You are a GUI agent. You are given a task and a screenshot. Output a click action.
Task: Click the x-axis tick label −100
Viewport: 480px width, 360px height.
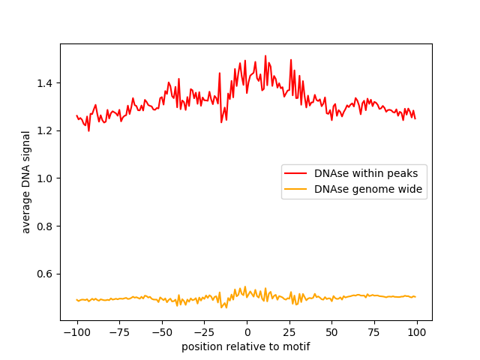(x=76, y=332)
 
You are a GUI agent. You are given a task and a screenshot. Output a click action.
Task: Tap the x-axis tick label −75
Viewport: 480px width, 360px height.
(x=118, y=332)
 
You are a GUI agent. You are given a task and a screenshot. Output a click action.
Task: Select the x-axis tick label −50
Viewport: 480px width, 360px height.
(x=161, y=332)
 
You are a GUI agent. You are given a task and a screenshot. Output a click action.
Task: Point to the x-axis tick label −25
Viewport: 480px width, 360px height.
(x=203, y=332)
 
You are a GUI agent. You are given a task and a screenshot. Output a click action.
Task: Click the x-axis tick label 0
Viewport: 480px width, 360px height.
(x=247, y=332)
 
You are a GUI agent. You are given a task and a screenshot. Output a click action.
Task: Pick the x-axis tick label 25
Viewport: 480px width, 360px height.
(x=289, y=332)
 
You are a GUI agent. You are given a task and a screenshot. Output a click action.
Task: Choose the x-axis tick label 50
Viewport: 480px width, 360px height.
(x=331, y=332)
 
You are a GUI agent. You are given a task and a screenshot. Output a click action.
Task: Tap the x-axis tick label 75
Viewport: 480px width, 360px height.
(x=374, y=332)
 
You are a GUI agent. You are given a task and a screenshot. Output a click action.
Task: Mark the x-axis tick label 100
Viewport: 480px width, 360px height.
(x=417, y=332)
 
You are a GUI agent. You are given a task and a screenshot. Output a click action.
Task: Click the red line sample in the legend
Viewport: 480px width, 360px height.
(x=296, y=173)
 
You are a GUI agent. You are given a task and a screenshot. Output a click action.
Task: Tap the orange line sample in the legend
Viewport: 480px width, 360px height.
(x=296, y=189)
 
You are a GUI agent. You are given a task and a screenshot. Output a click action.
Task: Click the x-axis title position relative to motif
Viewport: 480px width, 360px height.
(x=246, y=346)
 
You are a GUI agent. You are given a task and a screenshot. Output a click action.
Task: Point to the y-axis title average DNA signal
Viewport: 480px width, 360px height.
(x=26, y=181)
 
